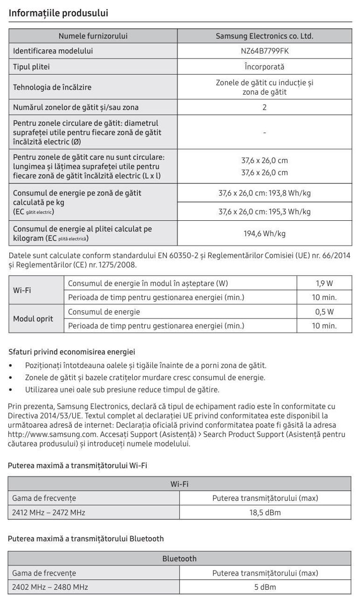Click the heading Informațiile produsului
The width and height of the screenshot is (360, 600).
[59, 13]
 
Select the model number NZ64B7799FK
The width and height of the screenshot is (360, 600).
[264, 51]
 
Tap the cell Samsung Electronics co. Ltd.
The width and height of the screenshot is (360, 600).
[264, 36]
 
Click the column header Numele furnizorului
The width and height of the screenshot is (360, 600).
[93, 36]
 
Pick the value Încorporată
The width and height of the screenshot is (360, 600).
[264, 67]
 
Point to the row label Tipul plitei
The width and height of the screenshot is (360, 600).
[31, 67]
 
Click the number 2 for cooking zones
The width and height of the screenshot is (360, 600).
[264, 107]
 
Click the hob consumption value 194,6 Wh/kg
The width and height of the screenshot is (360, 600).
[264, 233]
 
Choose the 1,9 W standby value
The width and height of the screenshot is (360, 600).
[324, 284]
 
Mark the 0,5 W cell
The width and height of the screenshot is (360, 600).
[324, 312]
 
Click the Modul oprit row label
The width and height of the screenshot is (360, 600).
[33, 319]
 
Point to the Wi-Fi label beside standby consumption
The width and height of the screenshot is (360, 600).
[22, 290]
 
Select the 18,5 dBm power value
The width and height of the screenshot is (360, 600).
[265, 512]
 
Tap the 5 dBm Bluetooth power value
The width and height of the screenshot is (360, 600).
[265, 587]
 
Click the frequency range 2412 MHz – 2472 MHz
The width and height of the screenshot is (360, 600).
[49, 512]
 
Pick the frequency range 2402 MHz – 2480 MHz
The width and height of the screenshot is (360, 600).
[50, 587]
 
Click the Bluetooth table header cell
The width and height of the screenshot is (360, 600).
[180, 558]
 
